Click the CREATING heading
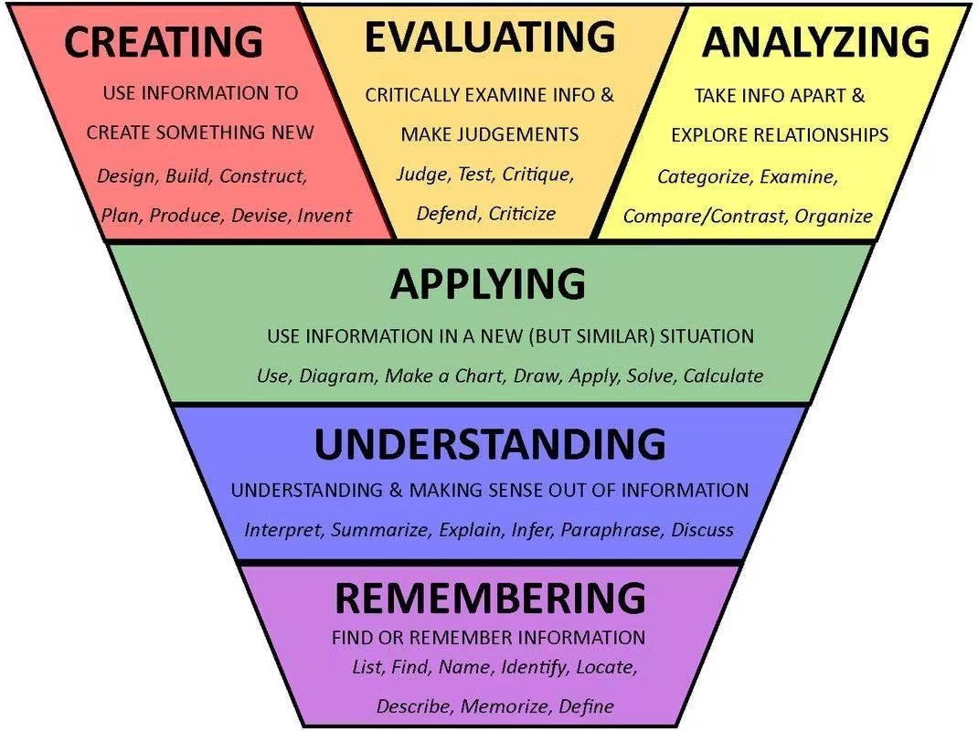164,42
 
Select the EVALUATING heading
490,37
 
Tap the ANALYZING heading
815,42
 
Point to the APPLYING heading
488,284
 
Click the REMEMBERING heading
490,598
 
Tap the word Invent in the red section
324,216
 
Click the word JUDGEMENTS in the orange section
524,134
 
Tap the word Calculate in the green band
723,376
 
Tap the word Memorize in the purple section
506,706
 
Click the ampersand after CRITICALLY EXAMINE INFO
607,95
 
